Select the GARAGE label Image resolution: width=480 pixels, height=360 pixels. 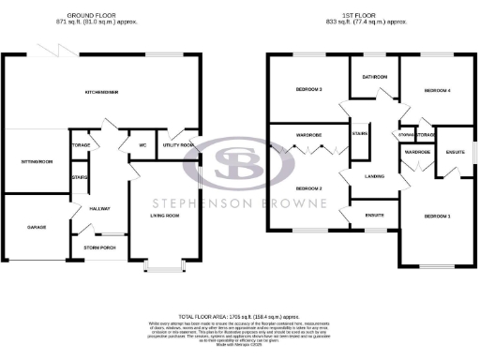coord(35,227)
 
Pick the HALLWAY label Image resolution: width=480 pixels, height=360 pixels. coord(98,208)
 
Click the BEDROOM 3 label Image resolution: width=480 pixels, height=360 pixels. coord(308,90)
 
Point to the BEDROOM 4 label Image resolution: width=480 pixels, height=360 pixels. coord(438,90)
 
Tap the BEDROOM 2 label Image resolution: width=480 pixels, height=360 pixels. coord(308,188)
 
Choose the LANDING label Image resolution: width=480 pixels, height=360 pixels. coord(375,175)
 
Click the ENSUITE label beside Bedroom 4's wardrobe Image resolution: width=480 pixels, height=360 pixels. coord(456,150)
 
